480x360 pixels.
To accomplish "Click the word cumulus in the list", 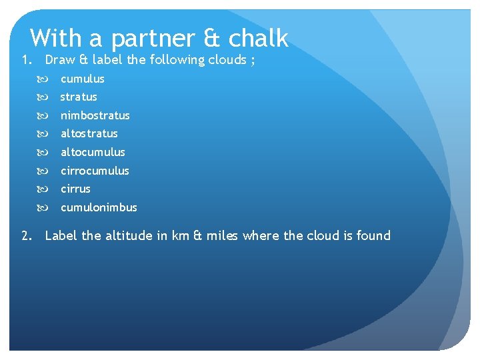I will (83, 79).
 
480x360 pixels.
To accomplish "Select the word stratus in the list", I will (79, 97).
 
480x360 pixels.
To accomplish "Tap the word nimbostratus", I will (95, 115).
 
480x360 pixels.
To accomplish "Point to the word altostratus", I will (89, 133).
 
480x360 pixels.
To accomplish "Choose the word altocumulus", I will (93, 152).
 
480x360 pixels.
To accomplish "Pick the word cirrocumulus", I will (95, 171).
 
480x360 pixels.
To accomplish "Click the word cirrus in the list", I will (75, 189).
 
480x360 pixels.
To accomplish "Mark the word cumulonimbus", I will (99, 207).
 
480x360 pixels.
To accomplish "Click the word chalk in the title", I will (259, 38).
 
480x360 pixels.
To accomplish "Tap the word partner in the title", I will (153, 39).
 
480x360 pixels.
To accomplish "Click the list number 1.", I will (26, 60).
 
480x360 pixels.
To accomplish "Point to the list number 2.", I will (26, 235).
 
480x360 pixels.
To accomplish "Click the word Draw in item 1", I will (60, 60).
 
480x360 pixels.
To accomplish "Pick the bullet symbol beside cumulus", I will (47, 79).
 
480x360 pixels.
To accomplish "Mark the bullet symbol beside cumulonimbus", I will (47, 207).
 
